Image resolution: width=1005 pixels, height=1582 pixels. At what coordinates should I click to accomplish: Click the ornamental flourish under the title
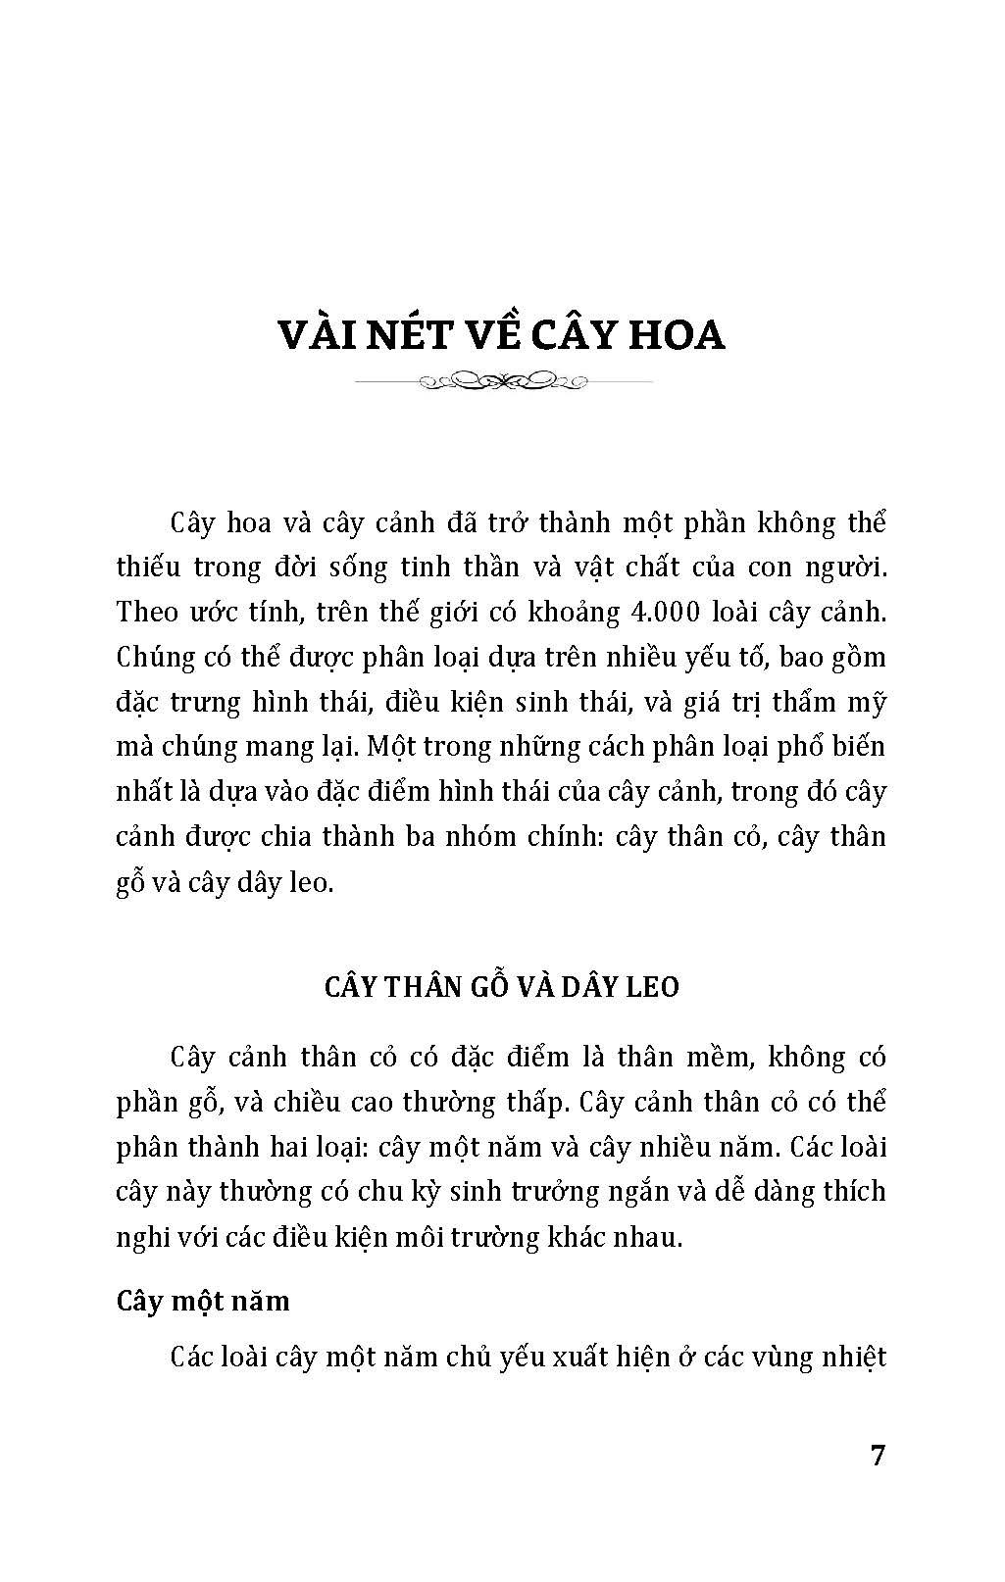click(502, 379)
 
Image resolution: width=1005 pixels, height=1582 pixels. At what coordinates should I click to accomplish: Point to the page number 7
click(878, 1455)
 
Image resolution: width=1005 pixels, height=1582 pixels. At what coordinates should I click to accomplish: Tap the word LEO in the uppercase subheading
click(646, 986)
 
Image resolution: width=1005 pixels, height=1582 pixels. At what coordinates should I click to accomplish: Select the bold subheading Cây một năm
click(203, 1301)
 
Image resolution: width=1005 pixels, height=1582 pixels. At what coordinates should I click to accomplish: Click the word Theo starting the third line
click(147, 613)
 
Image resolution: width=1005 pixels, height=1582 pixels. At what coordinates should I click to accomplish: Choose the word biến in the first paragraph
click(859, 748)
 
